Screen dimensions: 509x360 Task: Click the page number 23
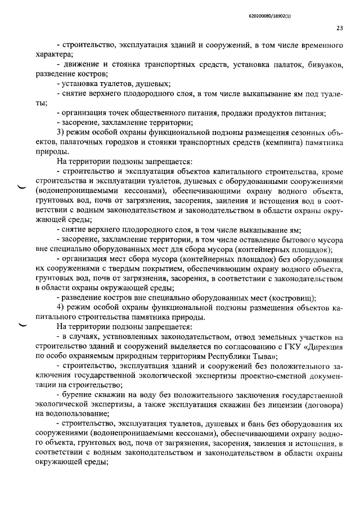(x=339, y=26)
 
